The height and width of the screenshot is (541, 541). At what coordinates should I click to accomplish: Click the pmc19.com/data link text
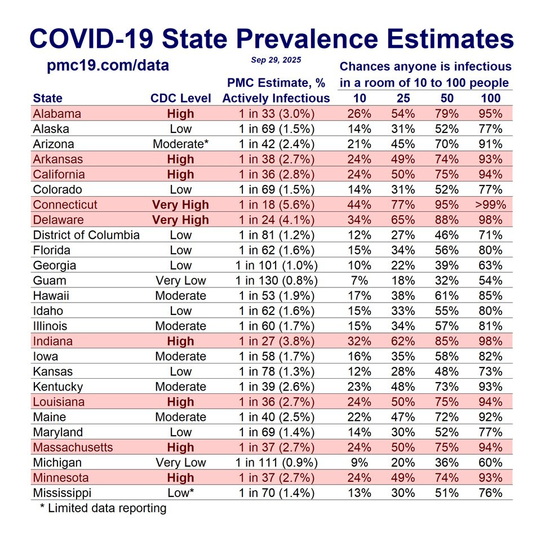pos(108,65)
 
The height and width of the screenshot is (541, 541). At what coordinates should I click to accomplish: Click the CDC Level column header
pos(180,98)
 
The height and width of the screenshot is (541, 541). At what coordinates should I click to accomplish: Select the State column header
pos(48,98)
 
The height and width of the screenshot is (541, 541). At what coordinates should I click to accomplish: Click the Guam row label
pos(50,281)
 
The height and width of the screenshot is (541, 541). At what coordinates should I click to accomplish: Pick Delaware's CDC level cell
pos(180,220)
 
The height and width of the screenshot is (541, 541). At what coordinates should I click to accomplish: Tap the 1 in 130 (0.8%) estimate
pos(276,281)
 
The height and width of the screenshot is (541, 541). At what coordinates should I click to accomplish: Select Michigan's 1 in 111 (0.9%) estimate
pos(276,463)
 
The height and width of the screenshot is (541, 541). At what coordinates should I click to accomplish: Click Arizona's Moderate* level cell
pos(180,144)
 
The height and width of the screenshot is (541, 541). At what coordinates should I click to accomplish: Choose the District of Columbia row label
pos(86,235)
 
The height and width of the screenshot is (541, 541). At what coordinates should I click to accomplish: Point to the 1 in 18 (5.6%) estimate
pos(276,205)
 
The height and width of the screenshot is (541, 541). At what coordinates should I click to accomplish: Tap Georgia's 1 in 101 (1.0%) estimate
pos(276,265)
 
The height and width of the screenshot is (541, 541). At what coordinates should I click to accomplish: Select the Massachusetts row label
pos(73,447)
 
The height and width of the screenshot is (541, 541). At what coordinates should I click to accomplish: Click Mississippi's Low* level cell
pos(180,493)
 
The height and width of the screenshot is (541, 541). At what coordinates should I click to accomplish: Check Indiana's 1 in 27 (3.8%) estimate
pos(276,341)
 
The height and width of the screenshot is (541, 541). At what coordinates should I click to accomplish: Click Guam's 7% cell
pos(360,281)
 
